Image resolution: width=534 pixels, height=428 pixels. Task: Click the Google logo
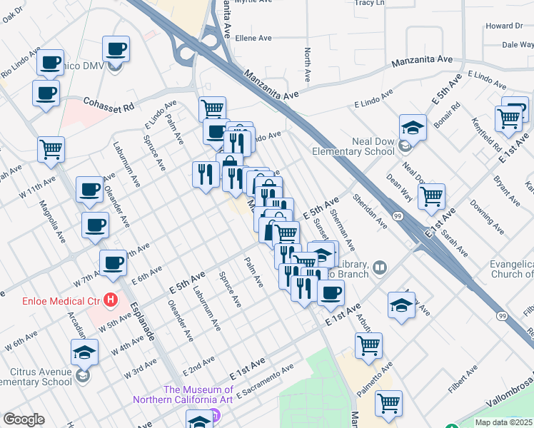point(24,419)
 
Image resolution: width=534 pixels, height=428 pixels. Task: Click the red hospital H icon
point(110,300)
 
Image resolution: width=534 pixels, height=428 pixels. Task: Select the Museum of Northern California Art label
point(198,394)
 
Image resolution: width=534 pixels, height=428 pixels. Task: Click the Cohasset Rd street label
point(109,104)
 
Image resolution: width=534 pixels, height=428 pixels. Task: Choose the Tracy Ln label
point(369,3)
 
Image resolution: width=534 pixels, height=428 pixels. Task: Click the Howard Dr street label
point(504,26)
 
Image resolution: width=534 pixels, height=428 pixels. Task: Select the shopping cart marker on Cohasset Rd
point(212,109)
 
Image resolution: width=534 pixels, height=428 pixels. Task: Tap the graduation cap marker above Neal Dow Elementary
point(413,127)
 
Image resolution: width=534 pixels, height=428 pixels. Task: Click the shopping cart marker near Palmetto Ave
point(368,345)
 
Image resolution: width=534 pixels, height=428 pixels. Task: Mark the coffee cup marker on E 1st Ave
point(330,292)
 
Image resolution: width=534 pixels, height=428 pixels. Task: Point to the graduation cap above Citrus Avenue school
point(84,352)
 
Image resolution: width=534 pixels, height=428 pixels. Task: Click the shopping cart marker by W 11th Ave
point(51,149)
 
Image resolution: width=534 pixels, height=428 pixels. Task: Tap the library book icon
point(380,267)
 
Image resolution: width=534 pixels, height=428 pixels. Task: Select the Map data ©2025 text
point(504,422)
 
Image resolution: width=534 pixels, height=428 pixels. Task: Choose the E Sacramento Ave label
point(266,380)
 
